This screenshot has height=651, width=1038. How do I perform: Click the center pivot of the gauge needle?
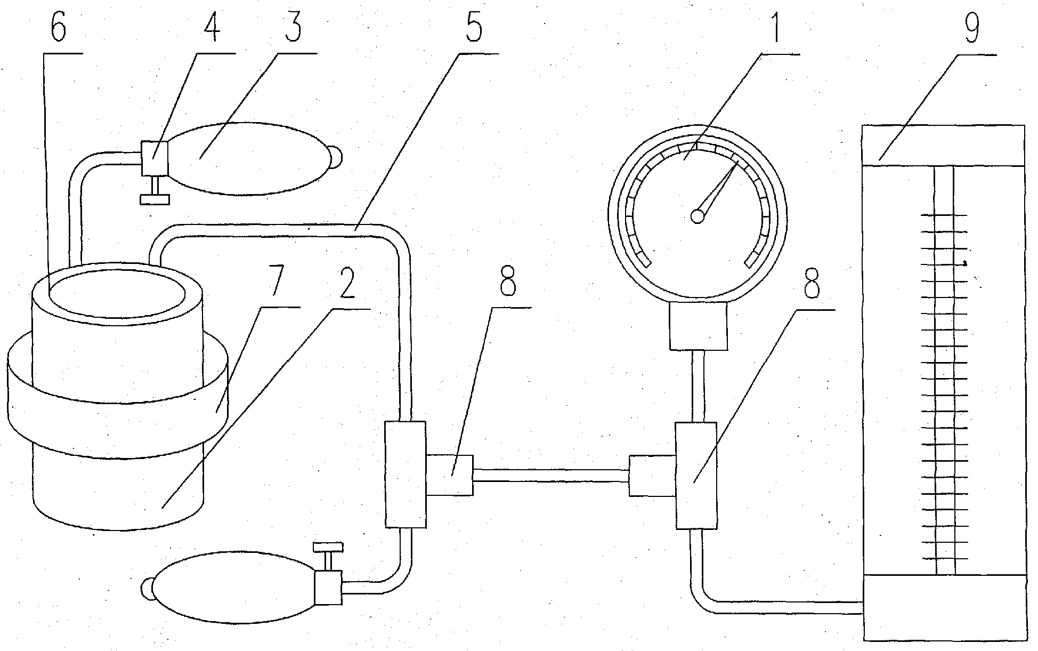point(698,215)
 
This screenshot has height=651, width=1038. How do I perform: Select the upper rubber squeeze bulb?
point(245,158)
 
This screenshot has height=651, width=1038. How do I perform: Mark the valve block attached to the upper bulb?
point(155,158)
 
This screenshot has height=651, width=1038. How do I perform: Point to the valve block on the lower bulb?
point(328,588)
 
